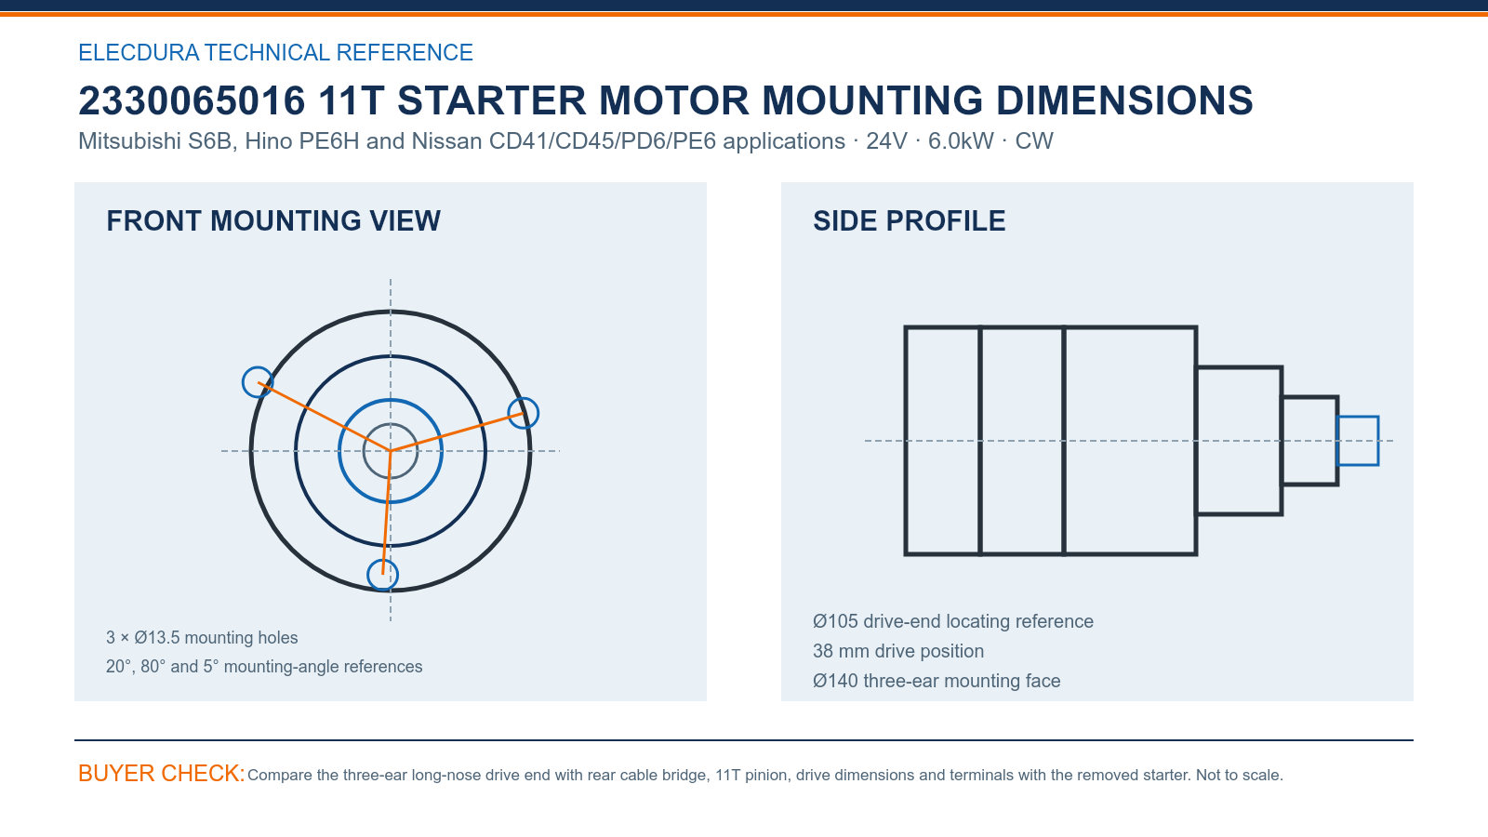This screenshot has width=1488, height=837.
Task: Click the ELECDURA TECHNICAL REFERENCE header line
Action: tap(275, 52)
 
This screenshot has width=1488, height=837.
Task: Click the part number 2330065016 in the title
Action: tap(192, 101)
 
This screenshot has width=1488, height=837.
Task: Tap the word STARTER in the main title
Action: tap(492, 101)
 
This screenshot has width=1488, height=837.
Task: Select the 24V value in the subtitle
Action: tap(886, 140)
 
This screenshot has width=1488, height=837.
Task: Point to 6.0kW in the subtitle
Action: tap(961, 140)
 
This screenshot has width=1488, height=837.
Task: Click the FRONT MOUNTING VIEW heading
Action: tap(273, 221)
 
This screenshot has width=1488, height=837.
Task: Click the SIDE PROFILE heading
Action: tap(909, 221)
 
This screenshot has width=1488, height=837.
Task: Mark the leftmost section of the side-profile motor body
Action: tap(906, 441)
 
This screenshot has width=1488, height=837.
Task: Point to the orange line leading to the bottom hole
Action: tap(387, 512)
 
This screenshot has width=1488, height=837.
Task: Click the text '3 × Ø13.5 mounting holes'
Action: tap(202, 638)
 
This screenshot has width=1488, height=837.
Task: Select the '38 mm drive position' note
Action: tap(898, 651)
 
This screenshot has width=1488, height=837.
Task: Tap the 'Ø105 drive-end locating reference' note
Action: tap(953, 621)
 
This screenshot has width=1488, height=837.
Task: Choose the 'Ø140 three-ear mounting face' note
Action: tap(937, 681)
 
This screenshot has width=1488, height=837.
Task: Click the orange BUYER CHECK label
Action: tap(162, 773)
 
